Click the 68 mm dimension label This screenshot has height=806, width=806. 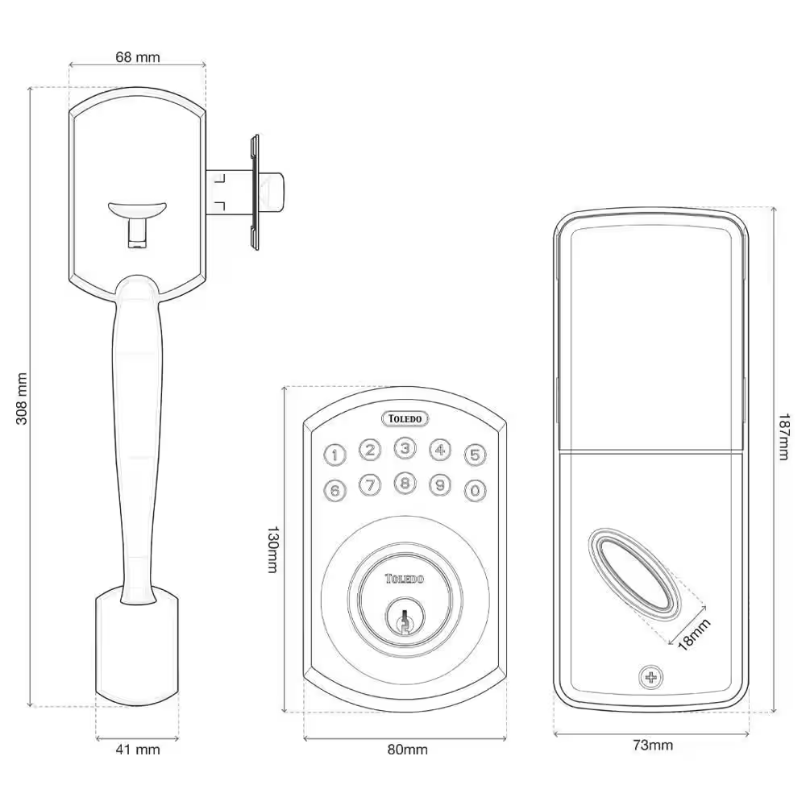point(138,56)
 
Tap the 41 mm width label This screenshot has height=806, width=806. point(137,750)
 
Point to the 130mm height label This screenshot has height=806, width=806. point(274,550)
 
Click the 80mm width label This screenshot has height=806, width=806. point(407,750)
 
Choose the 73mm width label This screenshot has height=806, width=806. point(652,745)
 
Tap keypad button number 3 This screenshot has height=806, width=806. point(405,448)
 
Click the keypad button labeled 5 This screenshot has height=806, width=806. point(475,455)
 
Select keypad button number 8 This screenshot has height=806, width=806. point(405,484)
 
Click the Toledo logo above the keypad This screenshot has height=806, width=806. point(405,418)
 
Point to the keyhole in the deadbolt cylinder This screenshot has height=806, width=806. point(404,621)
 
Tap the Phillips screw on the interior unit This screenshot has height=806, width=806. point(649,677)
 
